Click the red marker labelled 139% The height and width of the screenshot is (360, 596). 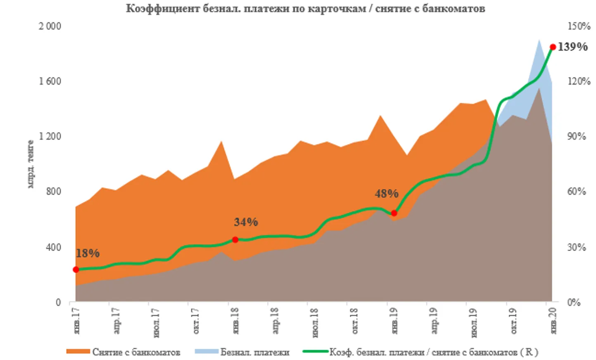click(x=553, y=47)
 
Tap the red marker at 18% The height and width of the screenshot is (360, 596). click(x=76, y=270)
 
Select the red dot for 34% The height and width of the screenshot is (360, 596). click(x=235, y=239)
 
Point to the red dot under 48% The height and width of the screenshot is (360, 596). click(x=394, y=213)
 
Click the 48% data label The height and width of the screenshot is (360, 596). click(x=386, y=194)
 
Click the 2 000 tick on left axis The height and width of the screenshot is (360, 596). click(x=50, y=26)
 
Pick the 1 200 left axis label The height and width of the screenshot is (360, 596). click(x=50, y=136)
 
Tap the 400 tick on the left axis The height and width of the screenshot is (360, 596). click(x=52, y=247)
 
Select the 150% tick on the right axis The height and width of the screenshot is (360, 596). click(x=579, y=26)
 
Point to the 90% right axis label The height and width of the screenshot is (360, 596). click(x=577, y=136)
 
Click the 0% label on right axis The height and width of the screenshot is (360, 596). click(x=574, y=302)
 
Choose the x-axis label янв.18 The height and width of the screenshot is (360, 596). click(x=235, y=320)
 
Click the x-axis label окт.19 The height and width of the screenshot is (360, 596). click(x=513, y=320)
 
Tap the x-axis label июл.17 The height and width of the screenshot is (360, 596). click(x=156, y=322)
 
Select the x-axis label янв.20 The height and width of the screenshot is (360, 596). click(x=553, y=320)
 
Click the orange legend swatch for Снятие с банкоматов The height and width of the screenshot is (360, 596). click(x=78, y=352)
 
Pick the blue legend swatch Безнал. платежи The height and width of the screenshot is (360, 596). click(x=206, y=352)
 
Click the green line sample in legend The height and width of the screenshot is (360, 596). click(x=316, y=352)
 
